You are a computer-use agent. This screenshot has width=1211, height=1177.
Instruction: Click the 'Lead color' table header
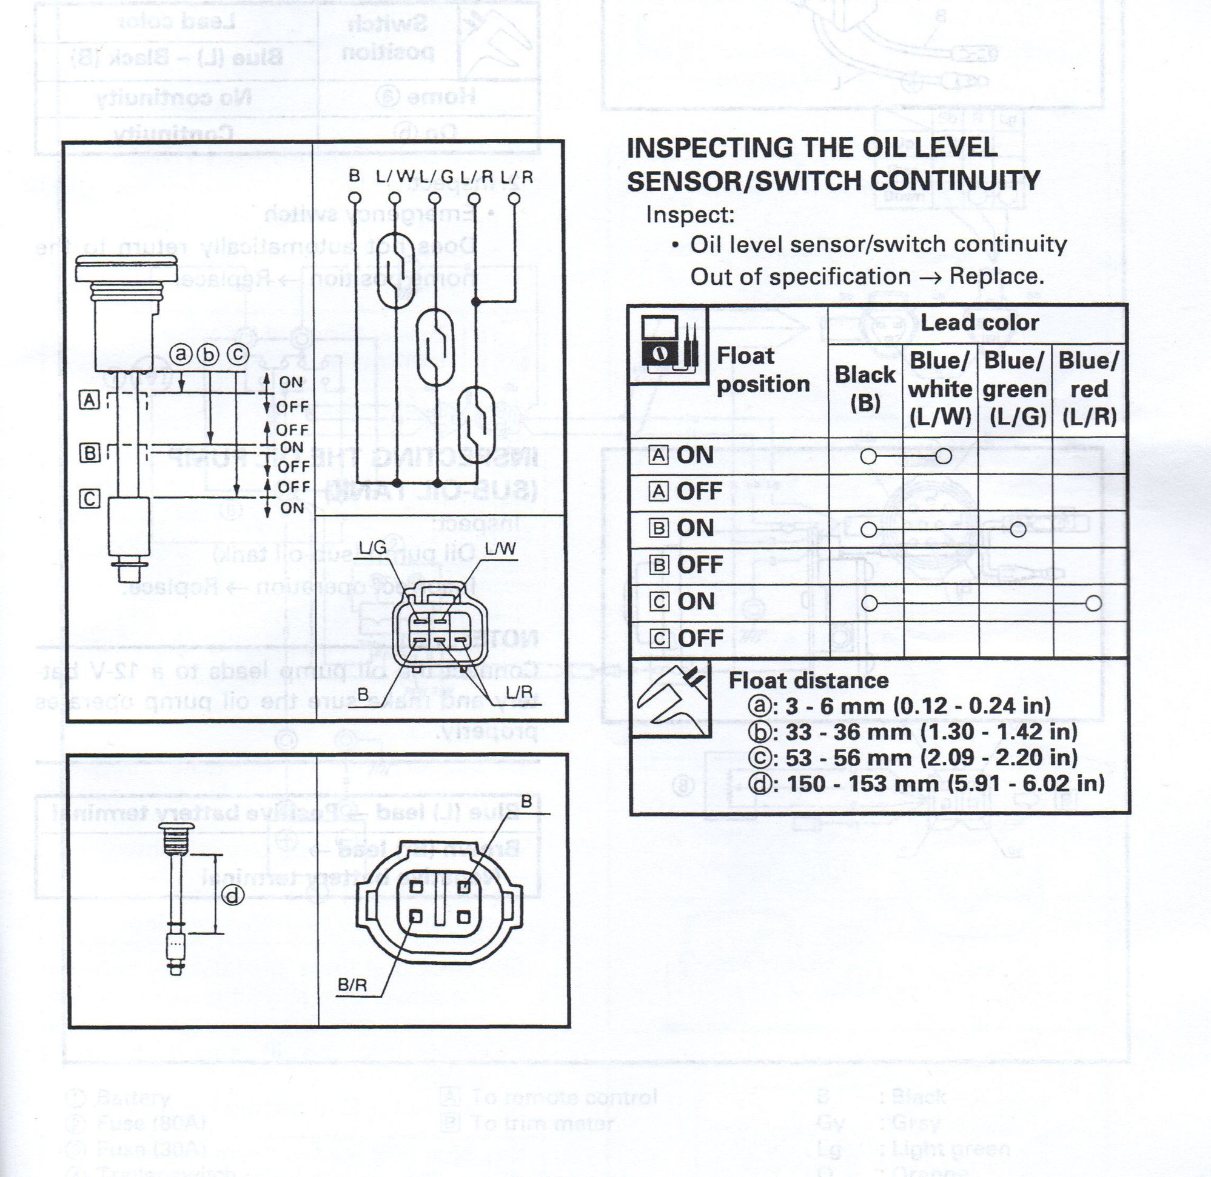(x=979, y=322)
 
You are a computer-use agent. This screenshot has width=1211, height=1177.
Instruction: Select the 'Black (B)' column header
(x=865, y=388)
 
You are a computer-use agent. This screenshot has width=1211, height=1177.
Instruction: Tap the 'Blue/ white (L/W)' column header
(x=940, y=388)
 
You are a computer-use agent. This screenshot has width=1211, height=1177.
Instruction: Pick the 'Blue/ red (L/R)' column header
(x=1089, y=388)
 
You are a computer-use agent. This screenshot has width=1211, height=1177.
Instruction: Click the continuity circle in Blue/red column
(x=1093, y=603)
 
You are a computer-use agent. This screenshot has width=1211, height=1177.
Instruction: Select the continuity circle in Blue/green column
(x=1018, y=530)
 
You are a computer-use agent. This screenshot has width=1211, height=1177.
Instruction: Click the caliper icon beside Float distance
(x=671, y=698)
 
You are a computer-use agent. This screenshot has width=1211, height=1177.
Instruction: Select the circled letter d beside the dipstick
(x=232, y=896)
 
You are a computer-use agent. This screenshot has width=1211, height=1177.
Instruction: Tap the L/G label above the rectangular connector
(x=372, y=547)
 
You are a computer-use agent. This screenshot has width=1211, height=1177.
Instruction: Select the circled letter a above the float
(x=181, y=354)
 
